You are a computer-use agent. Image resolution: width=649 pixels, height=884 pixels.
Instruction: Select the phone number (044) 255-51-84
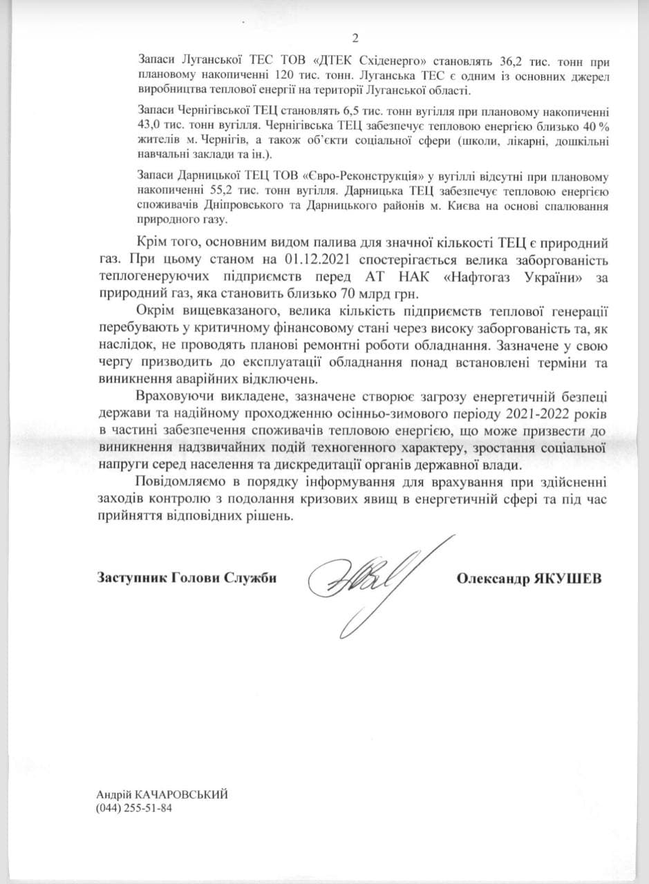tap(133, 808)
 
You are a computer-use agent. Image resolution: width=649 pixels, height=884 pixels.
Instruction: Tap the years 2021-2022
tap(498, 414)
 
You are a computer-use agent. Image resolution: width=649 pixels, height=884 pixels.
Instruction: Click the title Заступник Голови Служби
tap(187, 579)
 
